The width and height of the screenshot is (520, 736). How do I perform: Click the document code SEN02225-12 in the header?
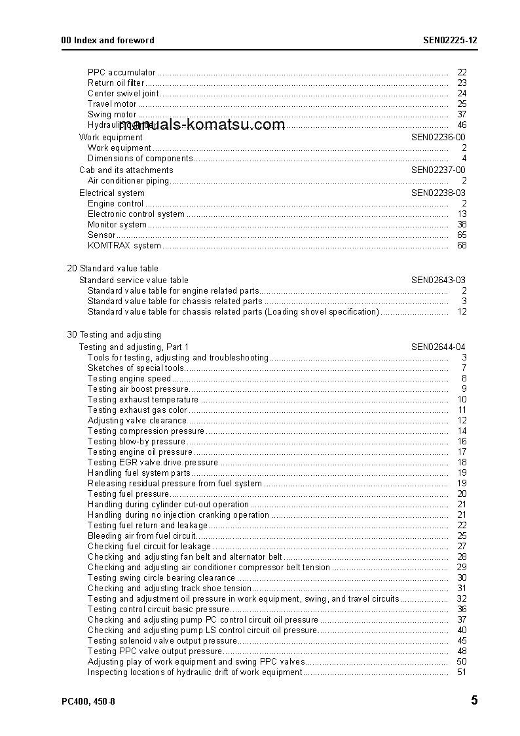coord(450,40)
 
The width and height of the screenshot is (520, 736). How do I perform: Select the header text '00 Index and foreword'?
coord(107,40)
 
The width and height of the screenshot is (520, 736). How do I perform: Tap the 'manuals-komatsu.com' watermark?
coord(202,125)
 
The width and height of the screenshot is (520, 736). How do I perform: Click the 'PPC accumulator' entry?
coord(122,73)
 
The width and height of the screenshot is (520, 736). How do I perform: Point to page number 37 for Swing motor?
coord(462,115)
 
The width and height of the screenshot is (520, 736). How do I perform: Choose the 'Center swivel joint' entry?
coord(123,94)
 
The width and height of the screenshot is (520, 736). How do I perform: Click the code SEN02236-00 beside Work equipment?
coord(438,137)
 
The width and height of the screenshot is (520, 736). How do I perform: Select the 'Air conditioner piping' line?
coord(128,180)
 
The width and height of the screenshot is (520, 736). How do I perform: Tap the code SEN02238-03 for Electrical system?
coord(438,193)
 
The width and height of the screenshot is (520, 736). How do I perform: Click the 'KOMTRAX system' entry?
coord(124,246)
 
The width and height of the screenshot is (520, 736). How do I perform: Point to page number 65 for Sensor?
coord(462,235)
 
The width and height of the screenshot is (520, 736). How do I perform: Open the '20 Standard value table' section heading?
coord(113,269)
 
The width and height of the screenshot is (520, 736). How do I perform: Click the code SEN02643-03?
coord(438,280)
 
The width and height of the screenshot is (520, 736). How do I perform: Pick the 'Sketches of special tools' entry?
coord(136,368)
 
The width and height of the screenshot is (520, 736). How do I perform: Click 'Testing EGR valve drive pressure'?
coord(153,463)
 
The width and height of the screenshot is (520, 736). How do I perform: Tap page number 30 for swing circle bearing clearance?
coord(462,578)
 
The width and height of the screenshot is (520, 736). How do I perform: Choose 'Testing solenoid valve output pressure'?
coord(162,641)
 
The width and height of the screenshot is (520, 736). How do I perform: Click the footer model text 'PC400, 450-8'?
coord(88,702)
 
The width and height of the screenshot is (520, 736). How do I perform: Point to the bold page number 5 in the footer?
coord(474,701)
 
